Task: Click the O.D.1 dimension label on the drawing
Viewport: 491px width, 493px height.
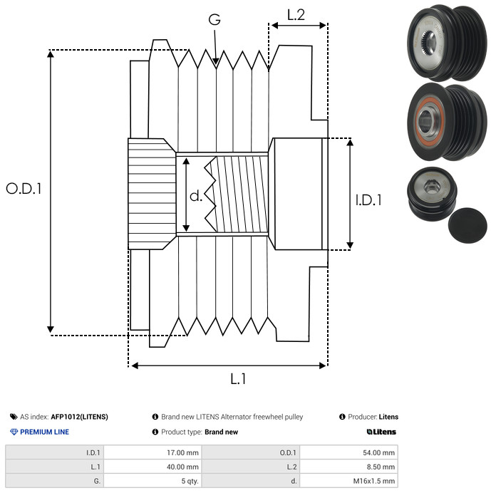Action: click(24, 189)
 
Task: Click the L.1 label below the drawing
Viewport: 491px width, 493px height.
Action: click(238, 379)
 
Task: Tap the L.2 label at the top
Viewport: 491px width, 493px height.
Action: click(296, 15)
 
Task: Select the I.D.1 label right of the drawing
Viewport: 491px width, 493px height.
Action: click(368, 200)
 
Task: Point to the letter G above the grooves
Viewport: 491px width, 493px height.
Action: click(215, 19)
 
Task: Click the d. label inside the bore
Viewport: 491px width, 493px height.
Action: click(196, 196)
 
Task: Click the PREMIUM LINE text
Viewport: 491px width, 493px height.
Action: click(44, 432)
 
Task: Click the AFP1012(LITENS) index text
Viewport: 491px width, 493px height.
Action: click(79, 417)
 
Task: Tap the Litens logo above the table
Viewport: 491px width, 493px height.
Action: click(381, 432)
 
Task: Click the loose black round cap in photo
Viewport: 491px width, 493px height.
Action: click(467, 225)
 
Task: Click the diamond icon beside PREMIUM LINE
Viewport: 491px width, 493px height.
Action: click(14, 432)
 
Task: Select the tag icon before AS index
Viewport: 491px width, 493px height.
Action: click(14, 417)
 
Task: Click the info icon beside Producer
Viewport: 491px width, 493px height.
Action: click(342, 417)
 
